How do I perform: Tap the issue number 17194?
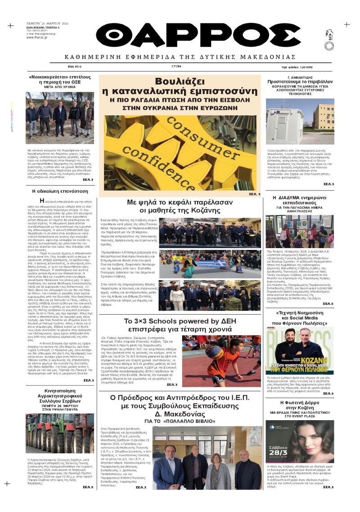click(x=176, y=66)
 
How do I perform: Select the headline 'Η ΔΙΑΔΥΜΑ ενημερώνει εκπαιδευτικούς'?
click(x=306, y=200)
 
